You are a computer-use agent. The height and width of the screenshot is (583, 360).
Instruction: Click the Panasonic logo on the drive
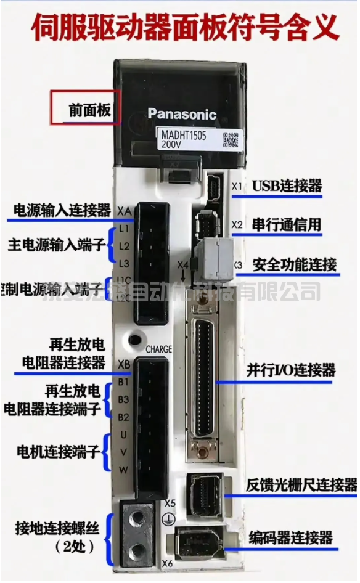(182, 114)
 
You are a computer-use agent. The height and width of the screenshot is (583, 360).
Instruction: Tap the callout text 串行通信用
(287, 225)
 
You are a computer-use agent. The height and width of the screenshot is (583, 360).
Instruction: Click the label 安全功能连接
(295, 265)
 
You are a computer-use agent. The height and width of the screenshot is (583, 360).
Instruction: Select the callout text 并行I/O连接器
(291, 370)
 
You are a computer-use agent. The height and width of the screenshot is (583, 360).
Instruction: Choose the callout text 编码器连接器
(291, 537)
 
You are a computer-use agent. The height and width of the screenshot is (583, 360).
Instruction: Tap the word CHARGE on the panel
(158, 349)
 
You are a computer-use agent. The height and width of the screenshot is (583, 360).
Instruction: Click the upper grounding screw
(139, 515)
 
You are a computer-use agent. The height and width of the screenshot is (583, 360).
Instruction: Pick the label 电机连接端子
(59, 452)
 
